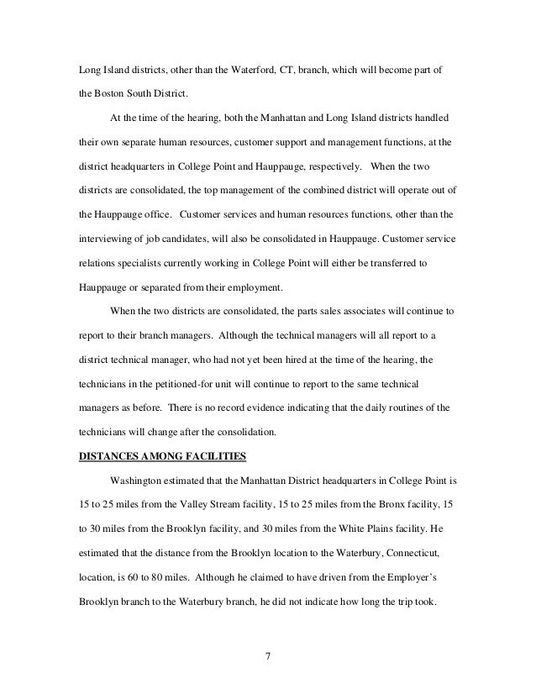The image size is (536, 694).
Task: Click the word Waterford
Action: (242, 66)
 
